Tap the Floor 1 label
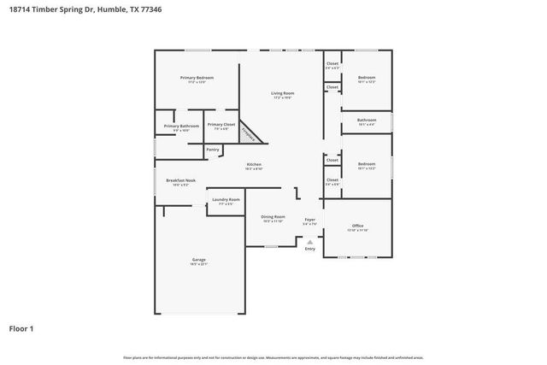coord(22,327)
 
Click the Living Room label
coord(283,94)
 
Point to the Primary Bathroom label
coord(181,127)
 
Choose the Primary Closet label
coord(221,126)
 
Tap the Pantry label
coord(213,150)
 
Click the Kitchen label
coord(254,165)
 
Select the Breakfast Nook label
coord(180,182)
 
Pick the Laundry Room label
coord(226,201)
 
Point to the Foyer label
coord(310,221)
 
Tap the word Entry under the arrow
coord(310,249)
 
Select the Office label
coord(357,227)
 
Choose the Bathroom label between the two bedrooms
coord(367,121)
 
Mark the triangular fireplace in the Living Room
coord(249,131)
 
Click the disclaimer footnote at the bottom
coord(273,357)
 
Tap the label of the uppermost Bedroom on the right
coord(367,79)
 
